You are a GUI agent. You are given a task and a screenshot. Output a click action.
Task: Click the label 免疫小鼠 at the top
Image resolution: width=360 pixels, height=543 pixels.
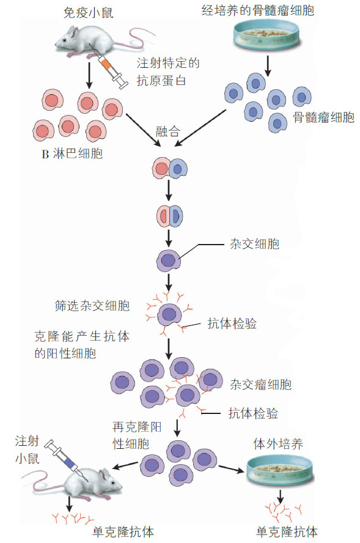click(x=88, y=13)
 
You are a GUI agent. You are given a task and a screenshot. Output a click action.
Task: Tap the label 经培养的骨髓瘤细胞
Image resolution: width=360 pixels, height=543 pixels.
click(x=258, y=10)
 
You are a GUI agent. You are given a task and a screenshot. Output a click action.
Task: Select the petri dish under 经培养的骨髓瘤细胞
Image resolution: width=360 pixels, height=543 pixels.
click(x=266, y=35)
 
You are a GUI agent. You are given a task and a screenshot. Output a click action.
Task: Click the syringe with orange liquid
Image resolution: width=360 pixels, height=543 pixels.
click(x=108, y=66)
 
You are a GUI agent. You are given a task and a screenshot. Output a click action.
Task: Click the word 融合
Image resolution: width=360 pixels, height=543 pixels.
click(x=167, y=131)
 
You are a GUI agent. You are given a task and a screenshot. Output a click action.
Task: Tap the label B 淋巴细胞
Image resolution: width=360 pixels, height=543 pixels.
click(x=72, y=153)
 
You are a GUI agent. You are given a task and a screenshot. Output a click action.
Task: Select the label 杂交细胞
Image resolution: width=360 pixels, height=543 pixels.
click(x=254, y=244)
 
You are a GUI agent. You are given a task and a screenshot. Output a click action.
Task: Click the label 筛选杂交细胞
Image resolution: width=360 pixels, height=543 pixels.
click(x=92, y=306)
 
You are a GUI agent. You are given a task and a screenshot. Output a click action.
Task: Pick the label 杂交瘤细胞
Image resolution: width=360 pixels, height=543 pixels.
click(x=260, y=385)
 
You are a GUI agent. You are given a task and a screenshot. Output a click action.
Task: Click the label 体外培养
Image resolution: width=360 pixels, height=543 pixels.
click(x=278, y=444)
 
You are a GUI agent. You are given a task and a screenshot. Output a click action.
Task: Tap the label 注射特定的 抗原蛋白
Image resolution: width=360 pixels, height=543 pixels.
click(x=168, y=72)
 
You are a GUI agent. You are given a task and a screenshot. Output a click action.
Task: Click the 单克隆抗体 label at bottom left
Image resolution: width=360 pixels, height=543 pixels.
click(x=123, y=531)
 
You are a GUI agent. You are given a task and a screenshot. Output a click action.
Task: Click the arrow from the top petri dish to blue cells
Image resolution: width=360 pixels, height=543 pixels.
click(x=268, y=65)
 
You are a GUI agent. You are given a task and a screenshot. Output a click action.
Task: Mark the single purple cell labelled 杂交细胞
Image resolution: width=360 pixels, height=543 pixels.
click(x=169, y=260)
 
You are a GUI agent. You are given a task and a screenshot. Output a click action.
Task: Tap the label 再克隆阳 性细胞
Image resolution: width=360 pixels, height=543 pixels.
click(x=137, y=435)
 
